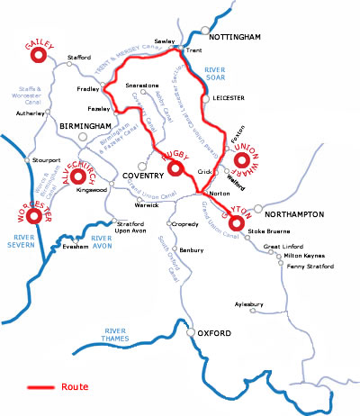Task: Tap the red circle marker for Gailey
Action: coord(39,56)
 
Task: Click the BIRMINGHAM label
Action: coord(85,126)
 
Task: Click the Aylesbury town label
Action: coord(251,304)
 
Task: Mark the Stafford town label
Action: coord(79,58)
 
